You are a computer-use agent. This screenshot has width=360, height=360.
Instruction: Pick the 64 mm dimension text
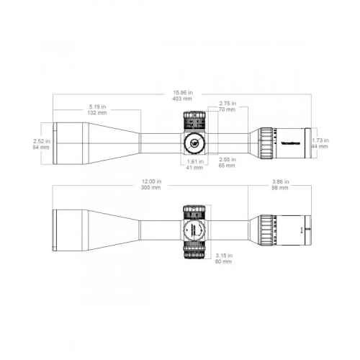pos(40,148)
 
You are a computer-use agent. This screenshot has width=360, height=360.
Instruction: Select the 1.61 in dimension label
pos(194,161)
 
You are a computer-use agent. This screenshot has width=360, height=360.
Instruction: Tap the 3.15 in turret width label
pos(223,255)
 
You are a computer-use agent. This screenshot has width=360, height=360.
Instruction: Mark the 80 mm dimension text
pos(223,261)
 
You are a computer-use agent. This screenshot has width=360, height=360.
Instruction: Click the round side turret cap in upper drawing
pos(194,141)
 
